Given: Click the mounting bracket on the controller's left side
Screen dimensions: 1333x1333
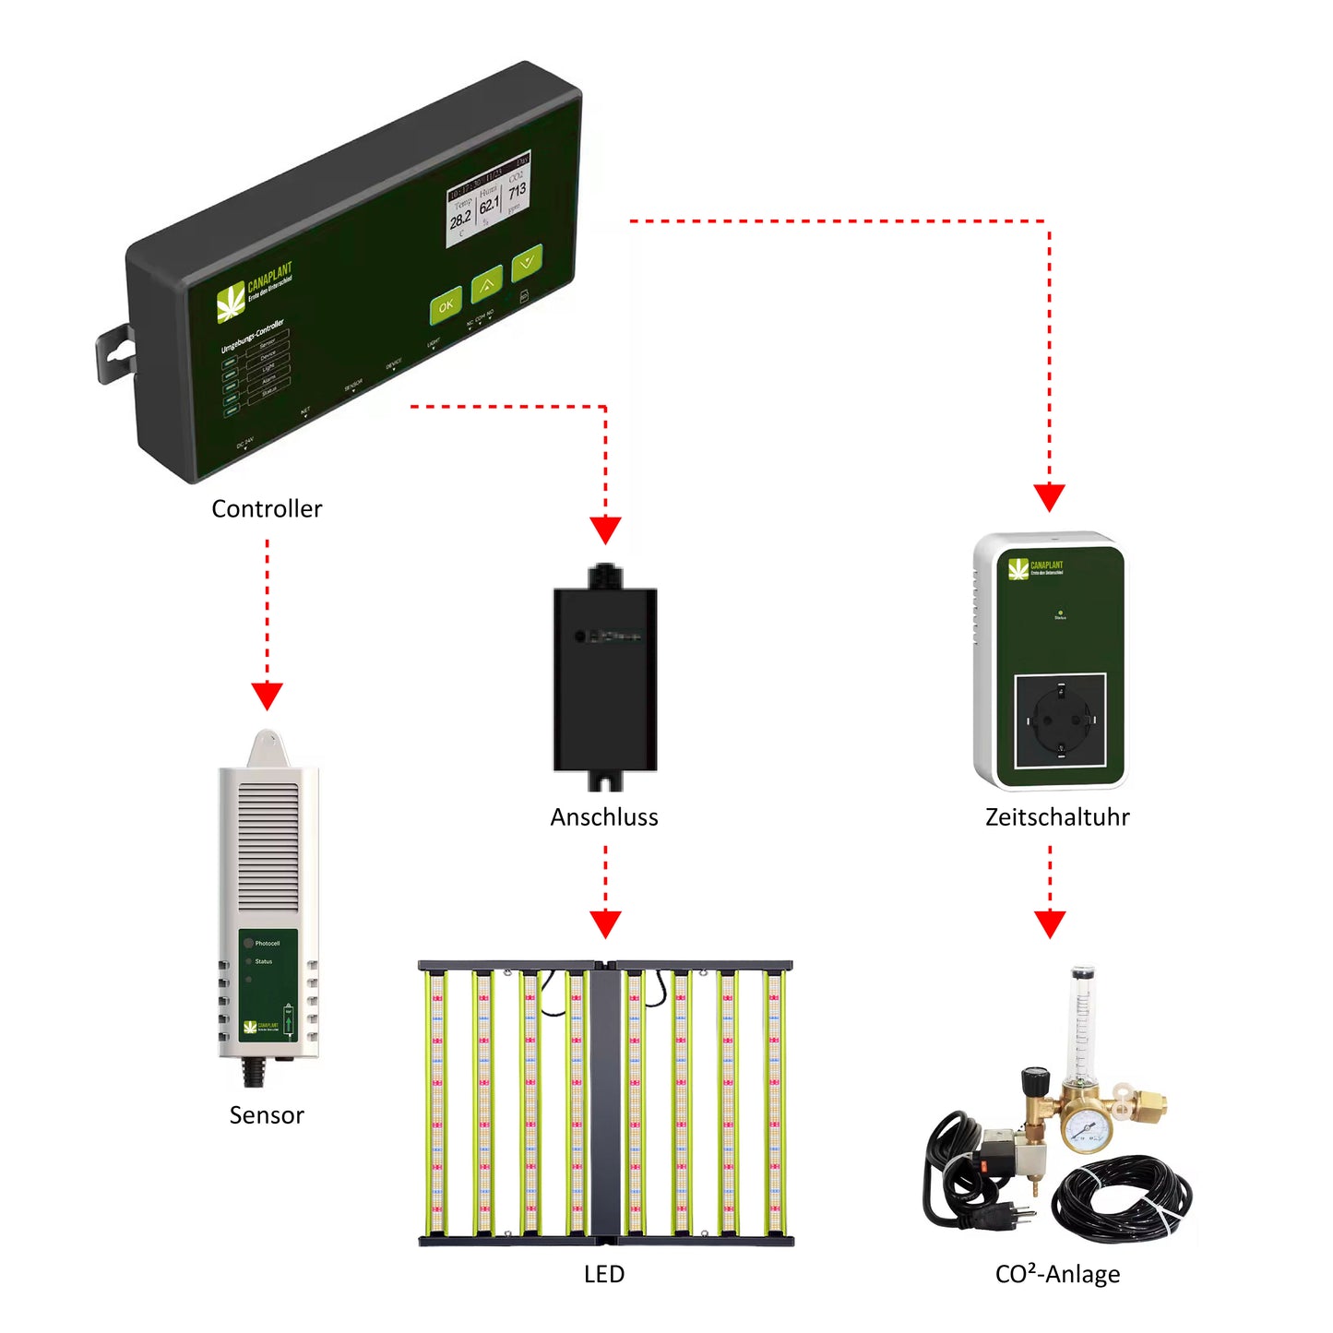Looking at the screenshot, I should point(114,353).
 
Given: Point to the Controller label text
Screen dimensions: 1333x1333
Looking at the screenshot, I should point(267,509).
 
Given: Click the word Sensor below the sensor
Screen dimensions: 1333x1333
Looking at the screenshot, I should point(267,1115).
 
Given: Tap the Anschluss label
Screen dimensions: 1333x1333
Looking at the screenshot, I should point(604,817).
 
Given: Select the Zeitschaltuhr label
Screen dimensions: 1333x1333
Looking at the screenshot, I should point(1057,817).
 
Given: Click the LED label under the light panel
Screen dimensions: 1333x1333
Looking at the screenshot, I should point(604,1274).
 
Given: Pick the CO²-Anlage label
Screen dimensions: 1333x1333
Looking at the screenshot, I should point(1057,1274).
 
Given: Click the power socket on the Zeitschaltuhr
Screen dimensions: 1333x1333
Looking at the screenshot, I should point(1060,720).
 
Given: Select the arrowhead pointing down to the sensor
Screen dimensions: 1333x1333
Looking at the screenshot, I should point(267,696).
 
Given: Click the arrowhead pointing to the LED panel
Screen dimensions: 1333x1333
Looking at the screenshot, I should point(605,923).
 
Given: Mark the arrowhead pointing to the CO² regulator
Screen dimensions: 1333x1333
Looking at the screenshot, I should point(1050,923).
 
